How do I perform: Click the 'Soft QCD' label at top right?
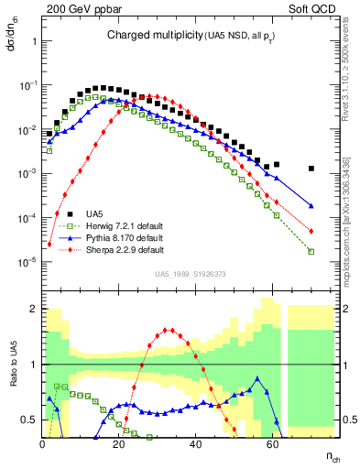(x=311, y=9)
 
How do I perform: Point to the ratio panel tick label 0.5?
(x=29, y=420)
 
